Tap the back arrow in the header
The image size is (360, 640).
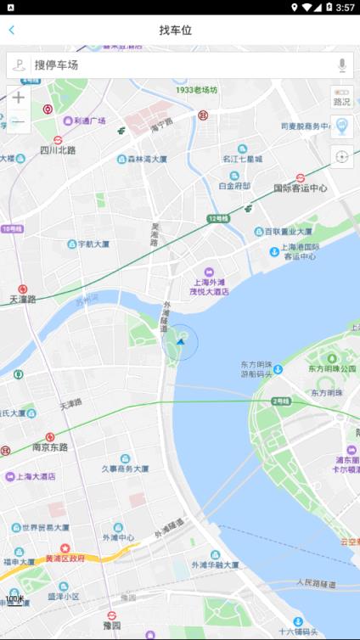[x=12, y=31]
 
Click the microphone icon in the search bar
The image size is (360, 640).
[x=341, y=65]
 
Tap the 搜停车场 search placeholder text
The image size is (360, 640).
[x=56, y=65]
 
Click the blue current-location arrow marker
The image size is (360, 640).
[x=180, y=342]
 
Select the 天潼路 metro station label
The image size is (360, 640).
[x=23, y=300]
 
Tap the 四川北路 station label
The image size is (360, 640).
[x=58, y=150]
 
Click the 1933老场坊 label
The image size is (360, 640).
[x=196, y=90]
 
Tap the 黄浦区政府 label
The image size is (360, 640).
[x=65, y=559]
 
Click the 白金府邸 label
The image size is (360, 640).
[x=234, y=185]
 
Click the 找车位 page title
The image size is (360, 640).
[x=176, y=31]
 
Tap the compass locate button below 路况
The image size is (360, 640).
[x=341, y=156]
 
